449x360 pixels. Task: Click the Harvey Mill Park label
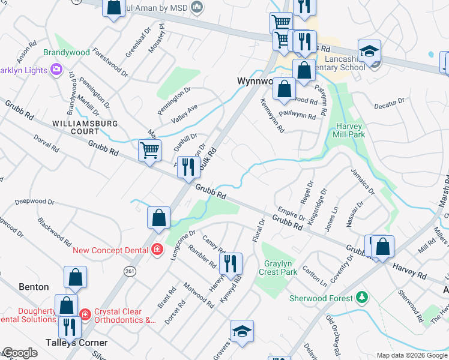click(x=351, y=130)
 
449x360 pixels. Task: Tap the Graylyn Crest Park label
click(x=281, y=267)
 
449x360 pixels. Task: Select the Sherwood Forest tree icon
click(x=361, y=298)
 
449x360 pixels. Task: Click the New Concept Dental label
click(x=112, y=250)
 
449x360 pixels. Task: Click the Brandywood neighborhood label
click(x=67, y=52)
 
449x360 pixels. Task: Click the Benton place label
click(x=34, y=287)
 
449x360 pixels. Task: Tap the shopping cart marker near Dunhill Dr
click(x=149, y=150)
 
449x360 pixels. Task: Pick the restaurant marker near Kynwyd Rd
click(x=231, y=263)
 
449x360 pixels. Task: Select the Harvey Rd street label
click(x=409, y=271)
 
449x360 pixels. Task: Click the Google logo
click(x=20, y=352)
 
